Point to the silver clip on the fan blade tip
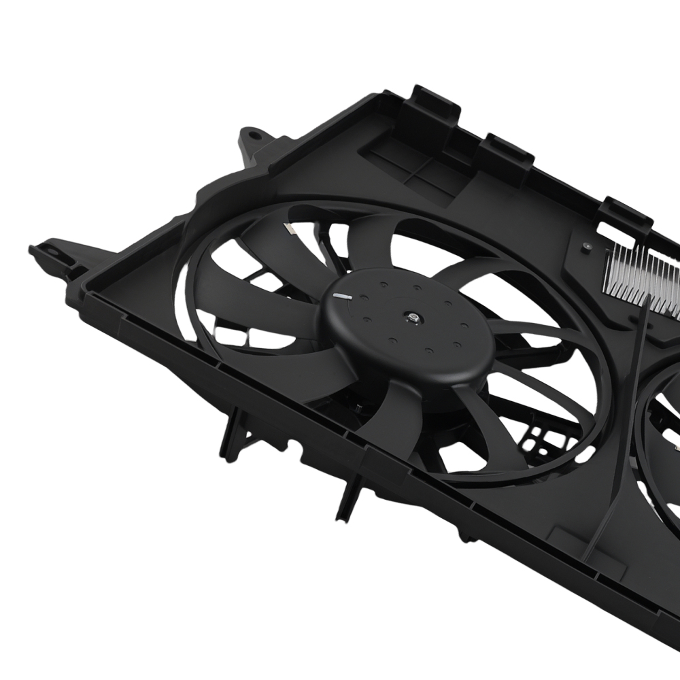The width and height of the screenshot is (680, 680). (290, 230)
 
